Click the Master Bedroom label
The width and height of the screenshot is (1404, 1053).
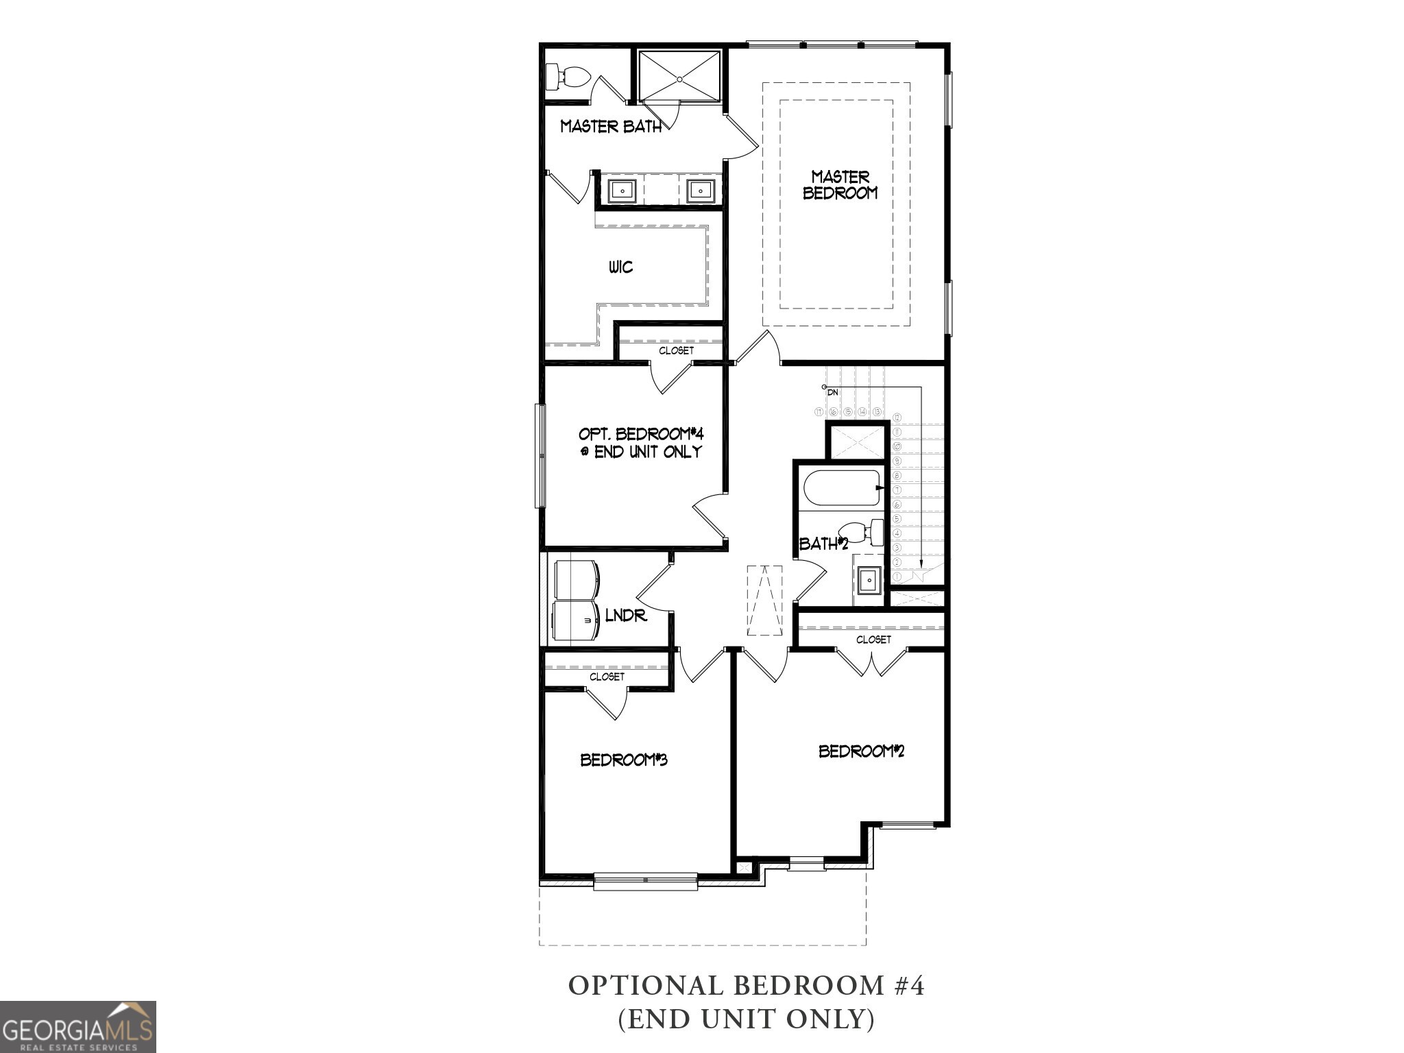pos(840,185)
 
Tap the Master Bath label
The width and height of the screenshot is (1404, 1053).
pos(611,126)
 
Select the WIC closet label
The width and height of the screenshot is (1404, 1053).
pos(620,267)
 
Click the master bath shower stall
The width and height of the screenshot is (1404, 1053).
pos(679,75)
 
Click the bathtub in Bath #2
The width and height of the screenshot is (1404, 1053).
pos(843,488)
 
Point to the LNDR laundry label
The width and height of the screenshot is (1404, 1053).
pos(626,616)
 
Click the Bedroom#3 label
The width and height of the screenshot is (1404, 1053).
pos(624,760)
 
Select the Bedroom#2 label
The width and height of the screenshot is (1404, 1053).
pos(862,751)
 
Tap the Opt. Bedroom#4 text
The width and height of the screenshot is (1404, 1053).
pos(641,443)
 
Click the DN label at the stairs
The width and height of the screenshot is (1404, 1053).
pos(833,393)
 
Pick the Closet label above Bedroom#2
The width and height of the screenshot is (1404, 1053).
pos(873,640)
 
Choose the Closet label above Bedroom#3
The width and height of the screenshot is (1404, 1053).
pos(607,677)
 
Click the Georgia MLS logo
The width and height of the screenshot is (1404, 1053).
pos(77,1026)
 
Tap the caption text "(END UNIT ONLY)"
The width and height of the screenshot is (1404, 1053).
pos(747,1020)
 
